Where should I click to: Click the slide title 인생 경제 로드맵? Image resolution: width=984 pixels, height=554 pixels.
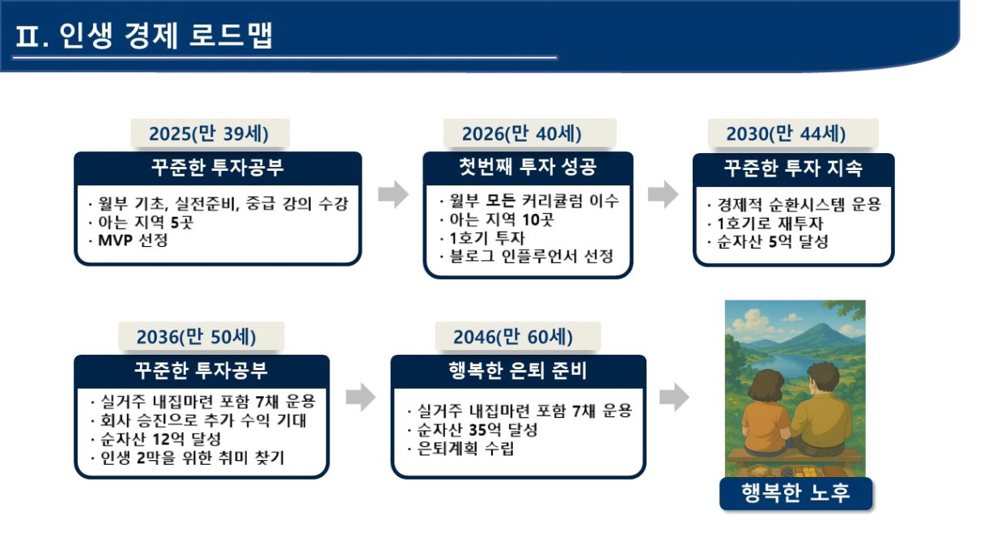pyautogui.click(x=166, y=35)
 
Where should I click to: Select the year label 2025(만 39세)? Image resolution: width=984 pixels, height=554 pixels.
pyautogui.click(x=209, y=134)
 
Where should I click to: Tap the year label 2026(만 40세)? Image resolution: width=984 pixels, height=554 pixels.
pyautogui.click(x=521, y=134)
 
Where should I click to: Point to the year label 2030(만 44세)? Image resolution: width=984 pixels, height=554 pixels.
pyautogui.click(x=786, y=134)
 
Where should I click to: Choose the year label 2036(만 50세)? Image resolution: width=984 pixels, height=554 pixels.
pyautogui.click(x=197, y=337)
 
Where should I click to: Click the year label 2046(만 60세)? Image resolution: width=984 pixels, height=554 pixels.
pyautogui.click(x=513, y=337)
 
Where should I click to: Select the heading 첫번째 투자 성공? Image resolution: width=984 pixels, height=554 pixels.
pyautogui.click(x=528, y=167)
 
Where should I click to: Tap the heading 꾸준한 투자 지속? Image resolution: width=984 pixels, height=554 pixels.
pyautogui.click(x=793, y=168)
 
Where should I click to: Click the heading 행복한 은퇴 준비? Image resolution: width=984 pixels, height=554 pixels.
pyautogui.click(x=518, y=370)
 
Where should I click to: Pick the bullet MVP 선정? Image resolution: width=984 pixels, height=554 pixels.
pyautogui.click(x=133, y=241)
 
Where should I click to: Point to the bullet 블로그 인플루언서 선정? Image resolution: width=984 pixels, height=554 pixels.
pyautogui.click(x=531, y=256)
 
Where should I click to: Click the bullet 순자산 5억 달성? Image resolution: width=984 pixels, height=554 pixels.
pyautogui.click(x=773, y=241)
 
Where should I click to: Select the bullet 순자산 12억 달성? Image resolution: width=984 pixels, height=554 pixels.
pyautogui.click(x=161, y=439)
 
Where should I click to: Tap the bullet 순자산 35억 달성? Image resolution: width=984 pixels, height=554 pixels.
pyautogui.click(x=477, y=429)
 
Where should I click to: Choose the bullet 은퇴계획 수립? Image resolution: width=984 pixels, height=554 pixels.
pyautogui.click(x=465, y=449)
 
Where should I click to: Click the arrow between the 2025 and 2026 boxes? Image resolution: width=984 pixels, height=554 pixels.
pyautogui.click(x=393, y=194)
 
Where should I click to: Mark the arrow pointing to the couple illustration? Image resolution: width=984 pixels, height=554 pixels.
pyautogui.click(x=674, y=397)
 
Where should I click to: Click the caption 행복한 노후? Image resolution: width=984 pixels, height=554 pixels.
pyautogui.click(x=796, y=493)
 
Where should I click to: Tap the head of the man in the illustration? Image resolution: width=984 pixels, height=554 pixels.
pyautogui.click(x=822, y=379)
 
